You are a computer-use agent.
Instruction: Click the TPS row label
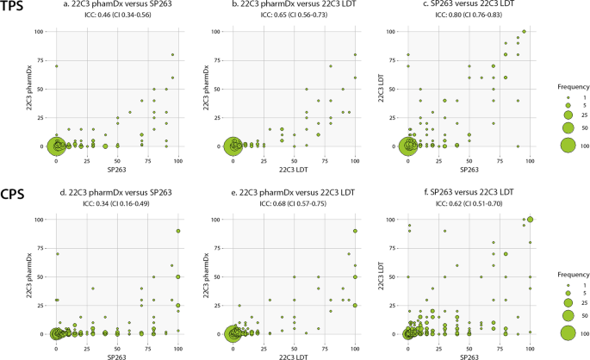pyautogui.click(x=16, y=8)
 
